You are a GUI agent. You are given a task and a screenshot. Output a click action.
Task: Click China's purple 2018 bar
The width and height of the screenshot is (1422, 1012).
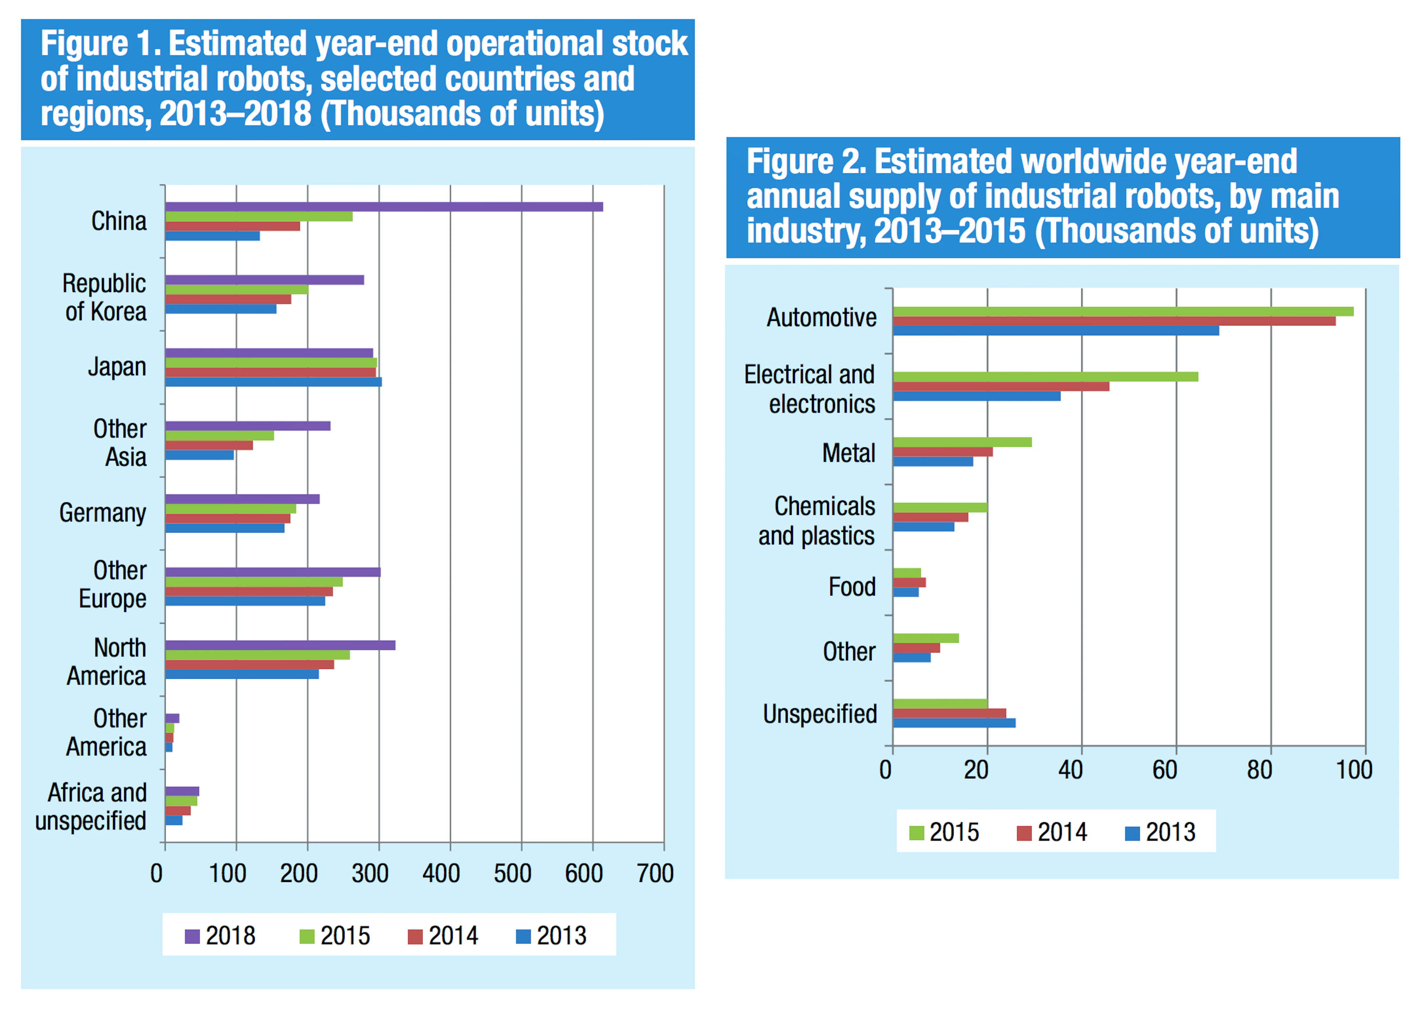[383, 207]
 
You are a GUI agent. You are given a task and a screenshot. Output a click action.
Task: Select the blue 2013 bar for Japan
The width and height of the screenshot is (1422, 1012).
[273, 382]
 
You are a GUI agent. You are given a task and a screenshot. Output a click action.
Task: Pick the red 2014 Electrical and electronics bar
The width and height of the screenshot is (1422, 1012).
[1000, 386]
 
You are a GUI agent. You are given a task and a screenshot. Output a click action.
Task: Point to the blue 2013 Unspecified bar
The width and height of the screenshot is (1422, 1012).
[953, 723]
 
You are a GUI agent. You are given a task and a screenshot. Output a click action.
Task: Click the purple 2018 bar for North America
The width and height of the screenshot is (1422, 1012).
[280, 646]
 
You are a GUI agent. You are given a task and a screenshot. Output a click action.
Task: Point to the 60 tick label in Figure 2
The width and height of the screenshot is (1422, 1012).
[1164, 771]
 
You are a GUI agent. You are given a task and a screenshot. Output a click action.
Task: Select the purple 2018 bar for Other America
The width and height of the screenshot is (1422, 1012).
[172, 718]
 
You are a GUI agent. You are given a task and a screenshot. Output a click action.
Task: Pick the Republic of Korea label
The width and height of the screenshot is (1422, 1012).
[105, 297]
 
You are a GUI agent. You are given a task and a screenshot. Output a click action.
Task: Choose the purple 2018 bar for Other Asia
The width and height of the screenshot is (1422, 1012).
[247, 426]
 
